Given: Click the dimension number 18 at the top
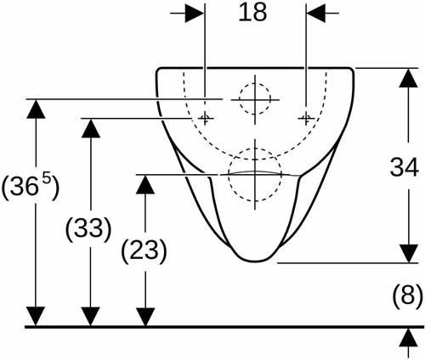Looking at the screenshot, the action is click(x=252, y=13).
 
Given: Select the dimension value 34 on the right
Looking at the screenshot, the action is click(x=405, y=167).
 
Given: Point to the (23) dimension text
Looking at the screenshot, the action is click(x=144, y=250).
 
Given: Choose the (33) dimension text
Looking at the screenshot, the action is click(x=88, y=228).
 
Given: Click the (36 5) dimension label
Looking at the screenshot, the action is click(x=31, y=186).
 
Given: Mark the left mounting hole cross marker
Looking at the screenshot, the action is click(x=205, y=118).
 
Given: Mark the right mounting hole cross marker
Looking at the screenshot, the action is click(x=306, y=118).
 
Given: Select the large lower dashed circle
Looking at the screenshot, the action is click(x=229, y=175).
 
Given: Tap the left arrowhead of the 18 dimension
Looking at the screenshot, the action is click(x=195, y=13).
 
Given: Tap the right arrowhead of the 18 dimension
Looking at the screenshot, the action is click(x=315, y=13).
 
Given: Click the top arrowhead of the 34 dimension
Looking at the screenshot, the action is click(x=409, y=78).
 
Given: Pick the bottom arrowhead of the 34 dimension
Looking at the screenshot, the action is click(x=409, y=254).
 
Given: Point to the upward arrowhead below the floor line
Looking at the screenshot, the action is click(x=409, y=337).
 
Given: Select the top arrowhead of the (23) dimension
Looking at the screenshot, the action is click(x=145, y=184).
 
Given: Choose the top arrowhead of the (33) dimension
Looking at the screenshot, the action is click(x=91, y=128).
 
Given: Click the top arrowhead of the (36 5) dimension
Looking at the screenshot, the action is click(x=36, y=109).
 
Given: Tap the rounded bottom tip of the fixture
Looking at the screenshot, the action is click(x=255, y=261).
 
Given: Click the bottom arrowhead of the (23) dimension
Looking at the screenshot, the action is click(x=145, y=317).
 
